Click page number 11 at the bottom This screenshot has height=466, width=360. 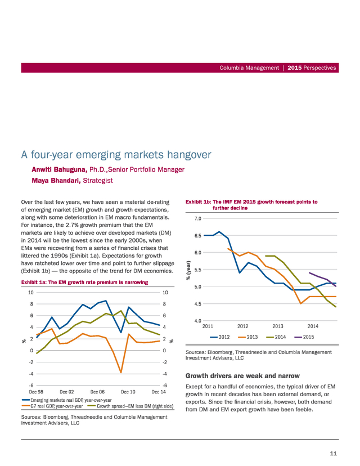pyautogui.click(x=333, y=453)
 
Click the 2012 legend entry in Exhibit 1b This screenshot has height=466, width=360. pyautogui.click(x=219, y=337)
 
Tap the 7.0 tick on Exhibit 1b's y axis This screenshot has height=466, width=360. pyautogui.click(x=198, y=218)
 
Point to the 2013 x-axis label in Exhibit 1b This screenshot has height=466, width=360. pyautogui.click(x=278, y=326)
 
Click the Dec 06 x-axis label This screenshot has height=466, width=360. pyautogui.click(x=97, y=392)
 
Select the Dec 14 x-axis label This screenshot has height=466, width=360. pyautogui.click(x=159, y=392)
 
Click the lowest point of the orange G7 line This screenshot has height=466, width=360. pyautogui.click(x=121, y=372)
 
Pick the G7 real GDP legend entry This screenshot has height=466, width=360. pyautogui.click(x=52, y=406)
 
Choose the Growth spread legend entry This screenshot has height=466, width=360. pyautogui.click(x=130, y=406)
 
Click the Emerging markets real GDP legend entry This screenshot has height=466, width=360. pyautogui.click(x=66, y=400)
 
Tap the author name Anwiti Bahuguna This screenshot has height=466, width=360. pyautogui.click(x=60, y=169)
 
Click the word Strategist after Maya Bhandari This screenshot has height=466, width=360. pyautogui.click(x=98, y=181)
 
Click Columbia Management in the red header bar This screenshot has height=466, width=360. pyautogui.click(x=249, y=68)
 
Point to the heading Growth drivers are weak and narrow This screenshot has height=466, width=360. pyautogui.click(x=242, y=375)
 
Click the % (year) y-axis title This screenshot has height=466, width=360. pyautogui.click(x=188, y=270)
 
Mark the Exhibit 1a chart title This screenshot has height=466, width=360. pyautogui.click(x=84, y=283)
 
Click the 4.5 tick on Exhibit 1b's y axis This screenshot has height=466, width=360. pyautogui.click(x=198, y=304)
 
